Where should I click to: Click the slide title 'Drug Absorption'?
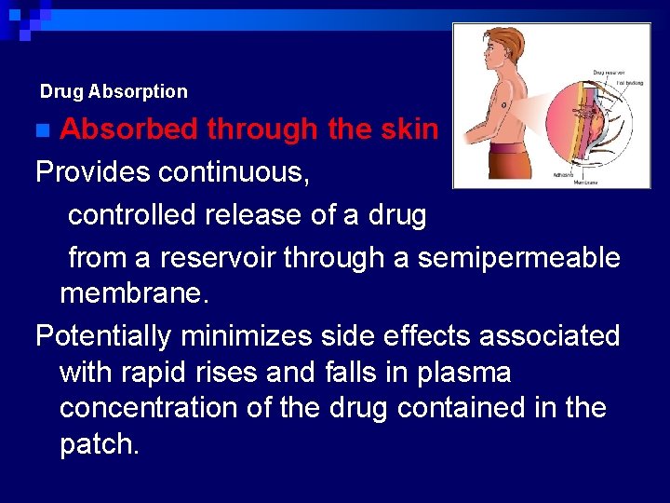[114, 91]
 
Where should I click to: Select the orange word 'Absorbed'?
[129, 129]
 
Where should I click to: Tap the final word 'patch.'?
[100, 443]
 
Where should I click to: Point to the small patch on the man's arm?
[503, 105]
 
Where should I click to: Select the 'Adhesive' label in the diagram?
[563, 173]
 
